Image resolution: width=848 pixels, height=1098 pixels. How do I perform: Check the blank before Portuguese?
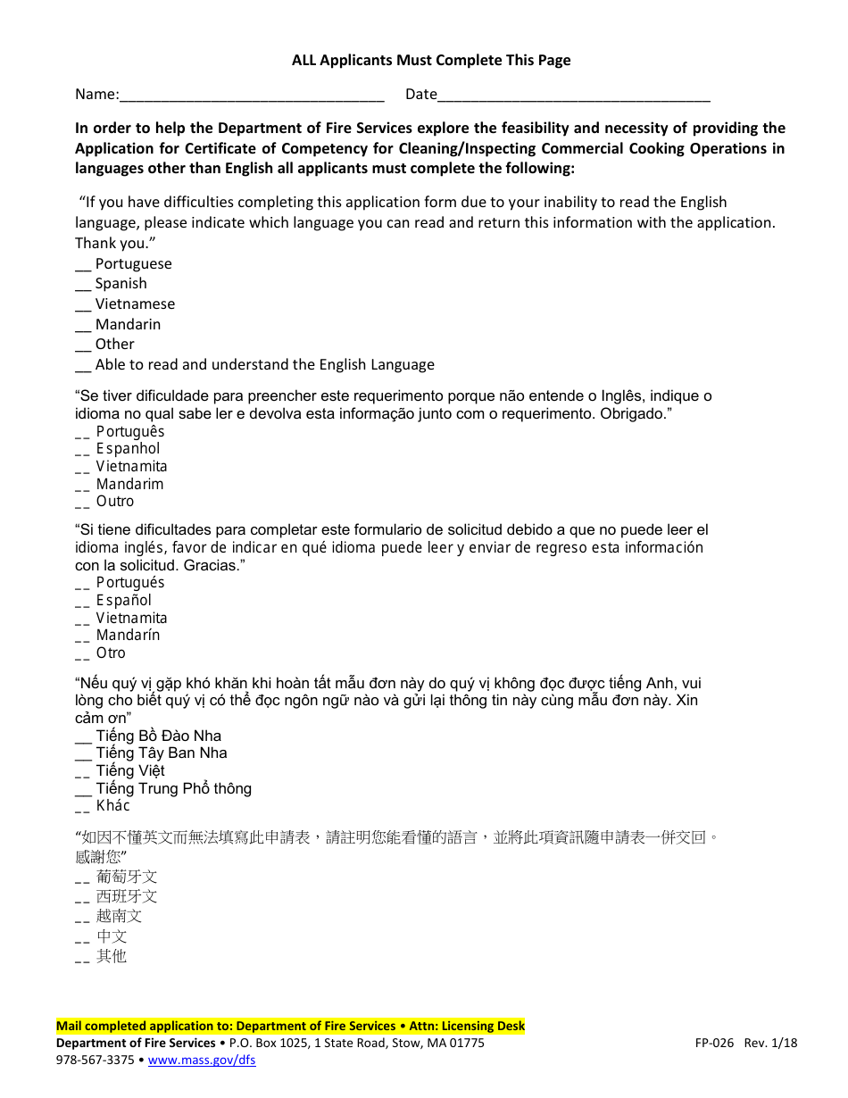pyautogui.click(x=83, y=265)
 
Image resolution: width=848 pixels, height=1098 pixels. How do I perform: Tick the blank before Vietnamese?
pyautogui.click(x=83, y=305)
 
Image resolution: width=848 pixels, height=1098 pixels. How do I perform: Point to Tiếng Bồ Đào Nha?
pyautogui.click(x=158, y=736)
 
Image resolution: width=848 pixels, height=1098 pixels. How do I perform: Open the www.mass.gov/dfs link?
pyautogui.click(x=202, y=1061)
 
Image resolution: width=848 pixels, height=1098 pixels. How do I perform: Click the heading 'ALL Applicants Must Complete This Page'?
pyautogui.click(x=431, y=61)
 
